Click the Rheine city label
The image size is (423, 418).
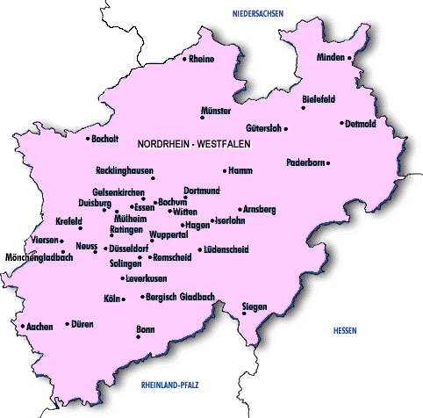coord(202,60)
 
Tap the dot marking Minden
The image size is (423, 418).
coord(349,58)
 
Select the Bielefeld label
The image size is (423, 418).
coord(319,98)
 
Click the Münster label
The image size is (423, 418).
coord(216,112)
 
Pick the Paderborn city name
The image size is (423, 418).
coord(305,162)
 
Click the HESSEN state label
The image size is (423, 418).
coord(346,329)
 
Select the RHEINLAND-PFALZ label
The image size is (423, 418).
coord(172,385)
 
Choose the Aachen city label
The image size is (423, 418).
coord(40,327)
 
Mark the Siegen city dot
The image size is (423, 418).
coord(244,314)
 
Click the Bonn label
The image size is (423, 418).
coord(145,329)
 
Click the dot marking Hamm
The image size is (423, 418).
coord(225,170)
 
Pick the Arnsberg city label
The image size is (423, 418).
coord(260,209)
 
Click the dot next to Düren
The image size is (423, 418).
coord(67,324)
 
